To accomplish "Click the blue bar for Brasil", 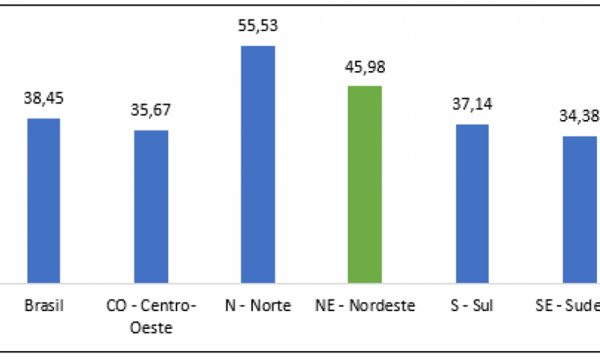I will (44, 200).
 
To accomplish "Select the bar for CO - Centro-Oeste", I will (151, 206).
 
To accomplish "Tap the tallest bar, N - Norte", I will (258, 164).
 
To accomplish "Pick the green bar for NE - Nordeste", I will (366, 184).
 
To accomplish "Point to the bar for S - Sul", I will (472, 203).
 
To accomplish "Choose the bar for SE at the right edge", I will (580, 209).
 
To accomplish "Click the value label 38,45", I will (44, 98).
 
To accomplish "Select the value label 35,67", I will (151, 110).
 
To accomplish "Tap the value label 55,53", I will (258, 26).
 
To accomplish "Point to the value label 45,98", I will (366, 66).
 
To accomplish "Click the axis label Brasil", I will (44, 305).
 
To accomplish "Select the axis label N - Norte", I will (258, 305).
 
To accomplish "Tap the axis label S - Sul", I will (472, 305).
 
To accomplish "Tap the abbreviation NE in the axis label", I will (324, 305).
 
